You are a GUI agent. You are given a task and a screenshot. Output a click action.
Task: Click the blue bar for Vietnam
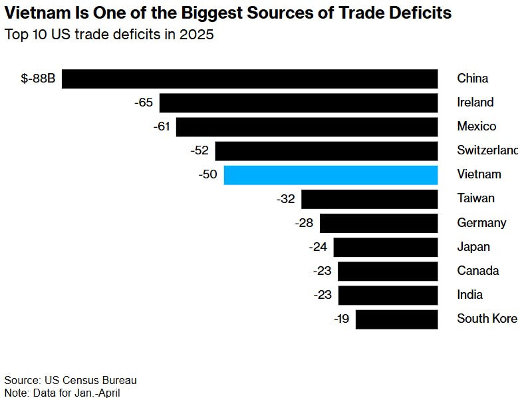tap(330, 175)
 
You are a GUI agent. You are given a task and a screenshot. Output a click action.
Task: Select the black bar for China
tap(249, 79)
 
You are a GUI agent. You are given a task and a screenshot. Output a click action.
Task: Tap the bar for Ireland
tap(298, 102)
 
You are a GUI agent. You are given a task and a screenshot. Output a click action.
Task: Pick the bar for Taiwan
tap(369, 199)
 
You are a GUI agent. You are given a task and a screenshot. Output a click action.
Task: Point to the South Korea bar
tap(396, 319)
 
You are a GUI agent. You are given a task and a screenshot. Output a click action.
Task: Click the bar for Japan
tap(385, 247)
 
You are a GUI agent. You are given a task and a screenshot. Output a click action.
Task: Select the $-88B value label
tap(38, 79)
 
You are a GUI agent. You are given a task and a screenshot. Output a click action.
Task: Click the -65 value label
tap(143, 102)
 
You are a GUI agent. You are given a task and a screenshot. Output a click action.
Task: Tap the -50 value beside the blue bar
tap(207, 175)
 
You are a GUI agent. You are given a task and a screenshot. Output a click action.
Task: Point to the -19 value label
tap(341, 319)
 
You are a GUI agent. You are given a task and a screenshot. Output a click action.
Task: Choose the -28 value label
tap(304, 223)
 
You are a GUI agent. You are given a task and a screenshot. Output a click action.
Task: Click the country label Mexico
tap(476, 126)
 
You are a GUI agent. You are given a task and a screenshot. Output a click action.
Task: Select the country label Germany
tap(481, 223)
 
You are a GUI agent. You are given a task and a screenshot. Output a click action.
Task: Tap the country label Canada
tap(477, 271)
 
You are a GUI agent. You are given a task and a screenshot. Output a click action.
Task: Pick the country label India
tap(469, 295)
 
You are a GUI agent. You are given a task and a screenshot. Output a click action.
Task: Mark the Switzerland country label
tap(487, 150)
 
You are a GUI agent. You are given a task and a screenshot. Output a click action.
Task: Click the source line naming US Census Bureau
tap(70, 380)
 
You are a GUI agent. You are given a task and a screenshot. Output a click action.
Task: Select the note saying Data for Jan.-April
tap(62, 393)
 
